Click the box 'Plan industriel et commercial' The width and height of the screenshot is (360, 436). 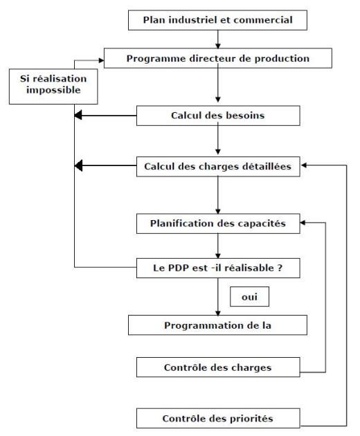pos(217,20)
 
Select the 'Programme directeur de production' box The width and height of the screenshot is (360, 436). pos(218,58)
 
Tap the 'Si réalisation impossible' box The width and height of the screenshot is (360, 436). pos(53,87)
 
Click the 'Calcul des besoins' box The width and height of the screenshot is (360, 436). pos(218,116)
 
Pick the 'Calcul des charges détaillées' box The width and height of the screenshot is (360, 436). pos(218,167)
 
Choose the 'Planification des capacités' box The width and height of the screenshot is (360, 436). pos(218,224)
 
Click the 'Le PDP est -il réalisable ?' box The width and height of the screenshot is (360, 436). pos(218,268)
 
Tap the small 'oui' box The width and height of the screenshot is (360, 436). pos(249,297)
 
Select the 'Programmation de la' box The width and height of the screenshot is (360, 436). pos(217,325)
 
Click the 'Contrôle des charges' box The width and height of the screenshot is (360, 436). pos(218,367)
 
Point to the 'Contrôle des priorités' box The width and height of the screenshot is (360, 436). pos(218,418)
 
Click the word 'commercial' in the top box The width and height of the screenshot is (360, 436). pos(263,20)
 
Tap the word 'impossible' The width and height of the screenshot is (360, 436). pos(53,90)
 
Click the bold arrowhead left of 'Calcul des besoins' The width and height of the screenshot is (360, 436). pos(78,115)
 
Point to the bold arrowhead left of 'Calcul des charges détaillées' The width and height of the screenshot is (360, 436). pos(78,165)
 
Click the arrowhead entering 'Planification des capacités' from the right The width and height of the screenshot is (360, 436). pos(303,222)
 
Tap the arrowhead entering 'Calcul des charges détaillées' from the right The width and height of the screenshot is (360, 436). pos(304,165)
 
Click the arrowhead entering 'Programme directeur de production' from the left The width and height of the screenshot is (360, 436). pos(102,60)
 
